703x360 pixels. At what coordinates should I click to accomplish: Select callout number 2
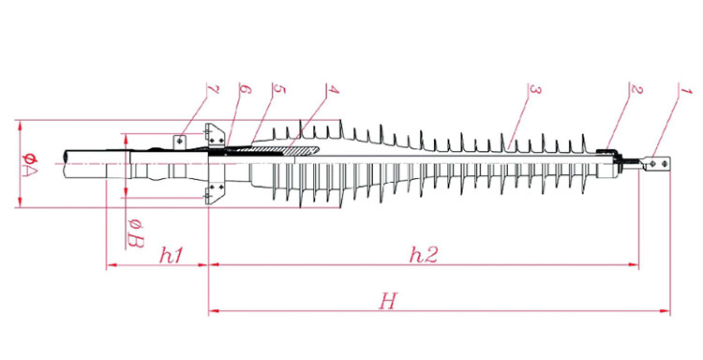636,89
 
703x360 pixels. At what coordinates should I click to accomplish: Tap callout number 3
535,90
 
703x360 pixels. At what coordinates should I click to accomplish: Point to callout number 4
333,89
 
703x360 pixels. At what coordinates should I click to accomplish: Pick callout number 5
279,89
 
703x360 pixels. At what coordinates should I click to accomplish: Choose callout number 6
246,89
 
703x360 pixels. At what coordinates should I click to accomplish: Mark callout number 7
213,89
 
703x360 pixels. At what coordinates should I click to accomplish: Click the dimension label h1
172,256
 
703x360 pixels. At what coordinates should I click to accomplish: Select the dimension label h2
424,255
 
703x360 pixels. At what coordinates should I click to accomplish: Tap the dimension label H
388,301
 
